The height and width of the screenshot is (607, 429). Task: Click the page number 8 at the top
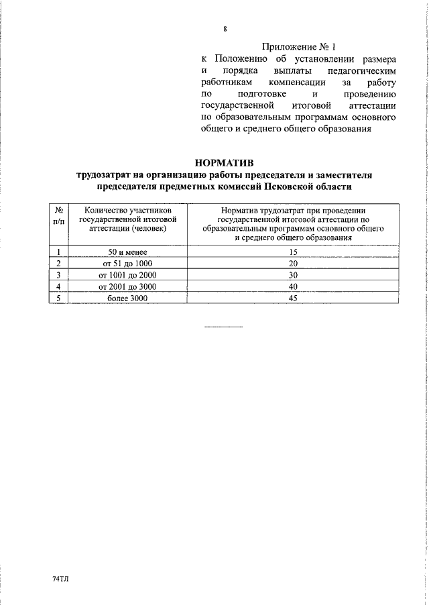[225, 29]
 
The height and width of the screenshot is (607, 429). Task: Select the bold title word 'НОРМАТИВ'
[224, 162]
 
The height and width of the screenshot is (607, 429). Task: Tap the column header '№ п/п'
[59, 215]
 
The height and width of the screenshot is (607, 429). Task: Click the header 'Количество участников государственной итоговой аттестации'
[127, 219]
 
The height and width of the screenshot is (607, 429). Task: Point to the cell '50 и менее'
[127, 252]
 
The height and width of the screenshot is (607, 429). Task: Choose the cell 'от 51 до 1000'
[127, 264]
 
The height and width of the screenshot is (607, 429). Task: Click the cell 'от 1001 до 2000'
[127, 275]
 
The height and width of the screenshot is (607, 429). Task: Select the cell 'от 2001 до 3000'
[127, 286]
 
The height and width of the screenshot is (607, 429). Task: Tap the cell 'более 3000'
[127, 298]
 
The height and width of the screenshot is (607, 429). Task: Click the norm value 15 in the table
[292, 252]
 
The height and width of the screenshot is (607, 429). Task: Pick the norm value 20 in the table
[292, 264]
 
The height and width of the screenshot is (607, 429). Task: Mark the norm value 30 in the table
[292, 275]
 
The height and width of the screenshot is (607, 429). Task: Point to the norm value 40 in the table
[292, 286]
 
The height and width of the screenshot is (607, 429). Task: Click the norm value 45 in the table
[292, 298]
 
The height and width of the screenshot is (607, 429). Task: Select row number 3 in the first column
[59, 275]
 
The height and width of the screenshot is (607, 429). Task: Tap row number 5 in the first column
[59, 298]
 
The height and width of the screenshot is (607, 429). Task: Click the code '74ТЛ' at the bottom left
[60, 577]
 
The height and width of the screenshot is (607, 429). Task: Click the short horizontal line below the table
[223, 327]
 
